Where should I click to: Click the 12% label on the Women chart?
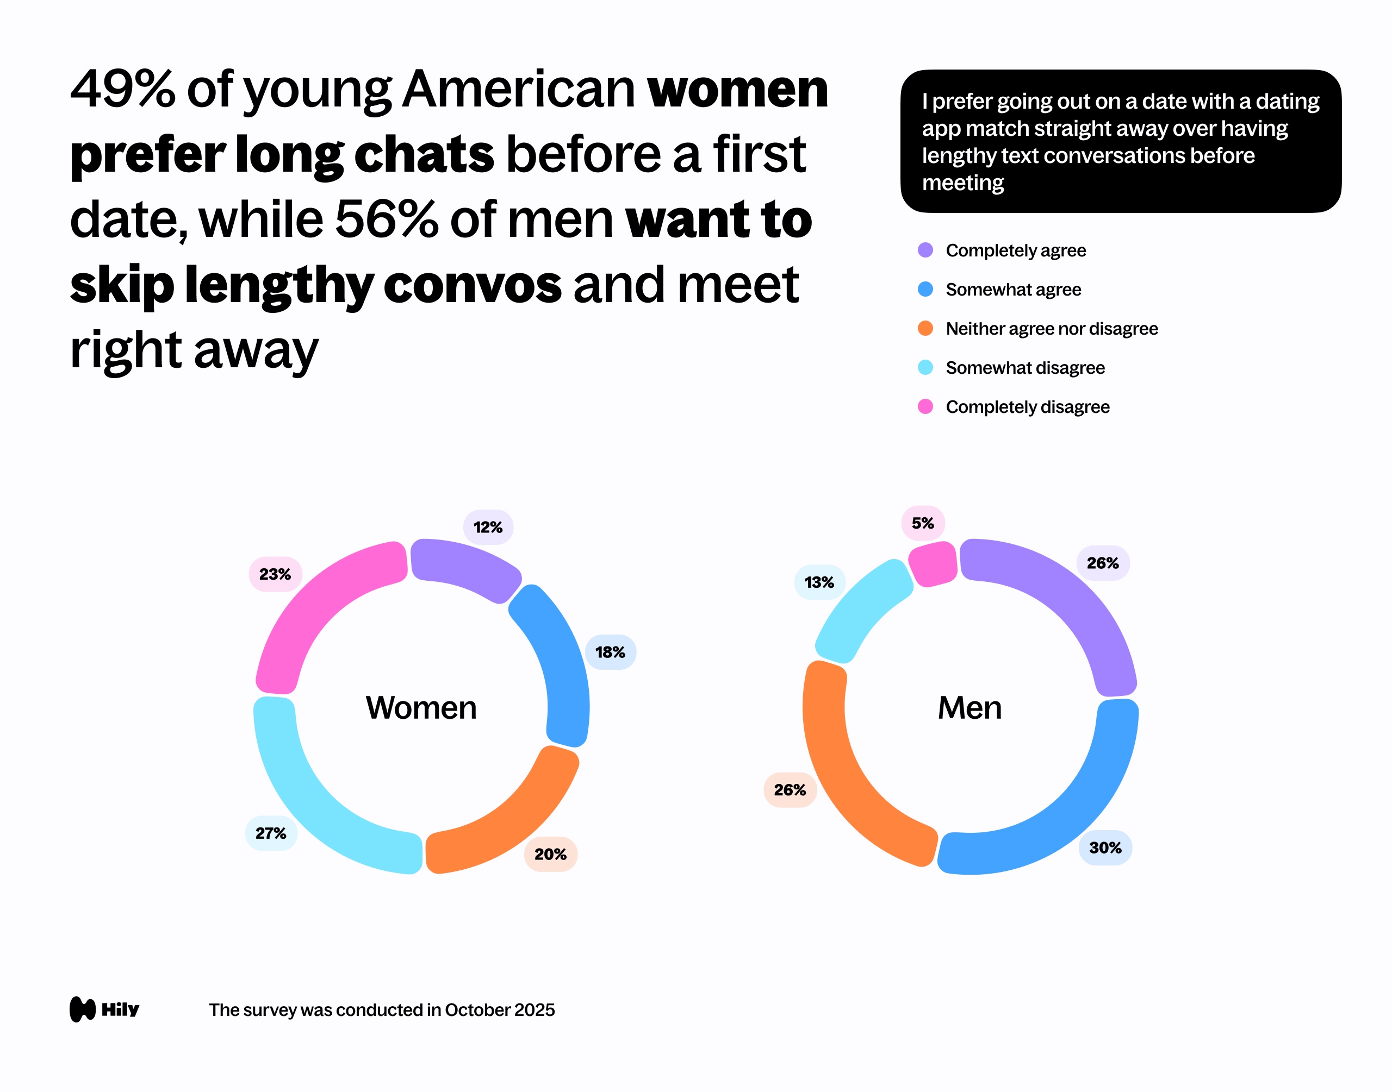click(x=487, y=528)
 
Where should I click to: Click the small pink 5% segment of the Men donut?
click(x=933, y=563)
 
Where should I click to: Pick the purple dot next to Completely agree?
click(x=925, y=250)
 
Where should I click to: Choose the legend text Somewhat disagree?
click(x=1025, y=368)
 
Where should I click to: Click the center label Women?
click(x=421, y=708)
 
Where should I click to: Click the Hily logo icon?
click(x=83, y=1009)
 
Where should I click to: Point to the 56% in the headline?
click(x=387, y=219)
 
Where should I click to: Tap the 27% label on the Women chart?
click(x=271, y=833)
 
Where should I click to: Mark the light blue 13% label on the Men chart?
click(x=819, y=582)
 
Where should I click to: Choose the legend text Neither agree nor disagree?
click(x=1052, y=329)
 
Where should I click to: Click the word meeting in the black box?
click(x=963, y=183)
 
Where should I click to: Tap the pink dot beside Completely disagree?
click(x=925, y=406)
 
